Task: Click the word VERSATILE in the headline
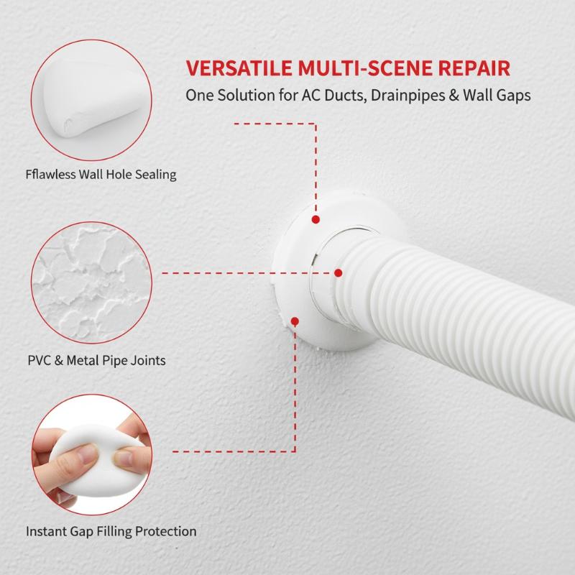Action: (x=239, y=68)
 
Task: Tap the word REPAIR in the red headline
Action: (x=474, y=68)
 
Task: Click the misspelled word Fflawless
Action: (x=50, y=174)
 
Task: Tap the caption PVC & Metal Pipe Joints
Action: (x=97, y=361)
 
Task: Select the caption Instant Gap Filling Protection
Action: (x=111, y=531)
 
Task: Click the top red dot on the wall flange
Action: (x=316, y=219)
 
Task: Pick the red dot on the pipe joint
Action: (x=339, y=273)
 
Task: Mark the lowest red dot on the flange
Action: (x=295, y=321)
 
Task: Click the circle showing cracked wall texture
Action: (x=92, y=282)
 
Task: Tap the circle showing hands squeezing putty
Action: (x=92, y=455)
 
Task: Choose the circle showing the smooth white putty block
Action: (x=92, y=100)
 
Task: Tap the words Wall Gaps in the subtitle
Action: (x=497, y=96)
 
